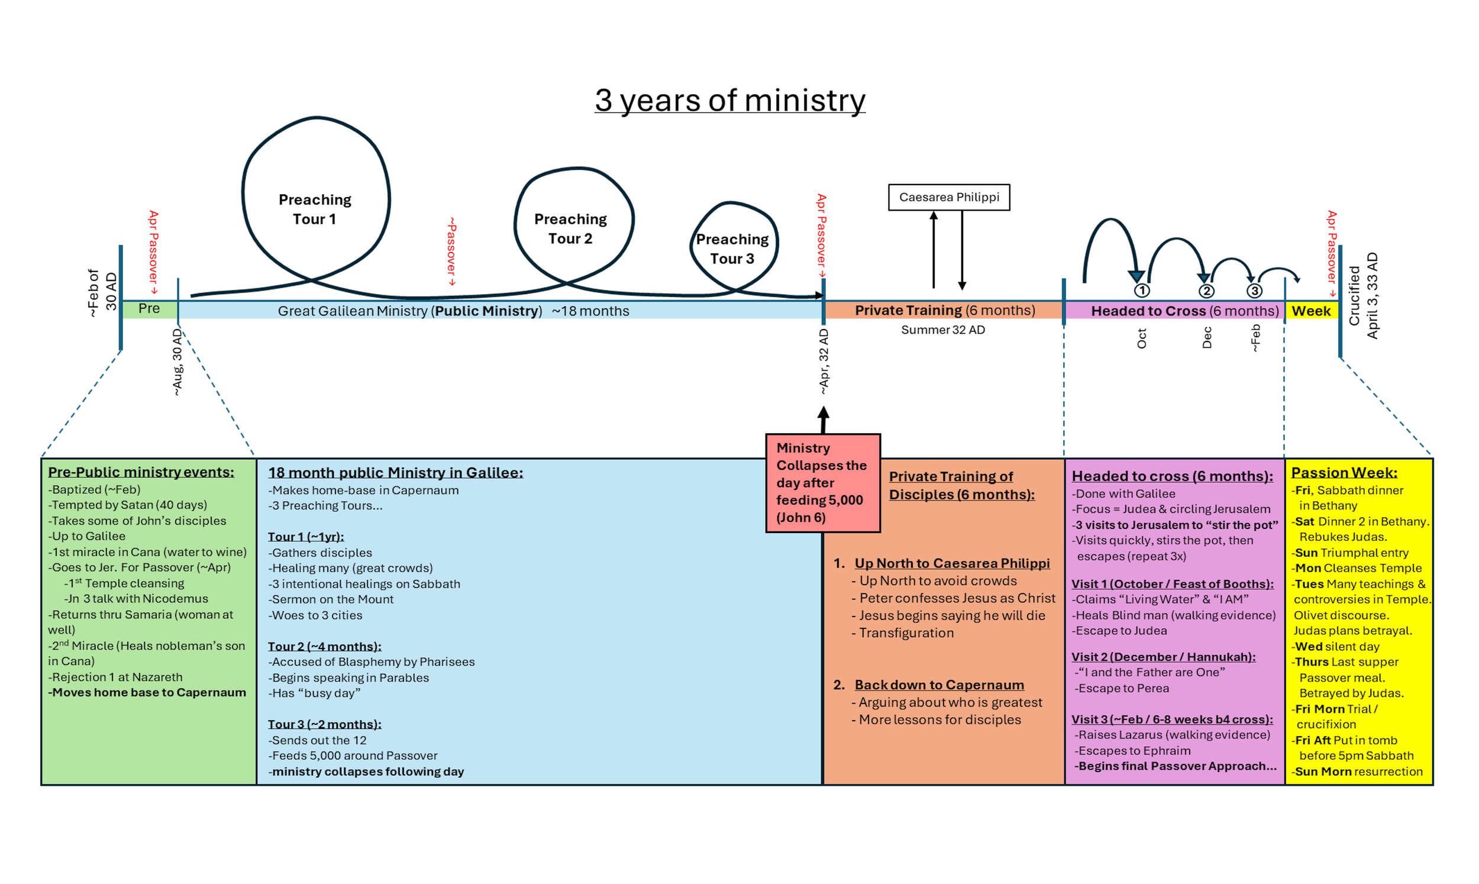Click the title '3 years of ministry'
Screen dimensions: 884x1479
pyautogui.click(x=729, y=100)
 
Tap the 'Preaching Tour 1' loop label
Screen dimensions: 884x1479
pyautogui.click(x=314, y=209)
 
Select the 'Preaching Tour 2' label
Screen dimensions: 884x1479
pyautogui.click(x=570, y=229)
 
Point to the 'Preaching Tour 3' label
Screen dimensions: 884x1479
pyautogui.click(x=732, y=249)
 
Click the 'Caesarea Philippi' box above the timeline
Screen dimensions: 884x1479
pyautogui.click(x=948, y=197)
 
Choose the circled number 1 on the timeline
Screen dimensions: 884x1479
pyautogui.click(x=1141, y=291)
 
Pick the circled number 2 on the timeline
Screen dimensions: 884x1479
pyautogui.click(x=1206, y=291)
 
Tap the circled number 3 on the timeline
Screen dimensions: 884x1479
pyautogui.click(x=1254, y=291)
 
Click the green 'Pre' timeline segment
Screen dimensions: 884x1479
pyautogui.click(x=149, y=309)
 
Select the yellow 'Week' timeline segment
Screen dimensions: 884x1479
pyautogui.click(x=1311, y=311)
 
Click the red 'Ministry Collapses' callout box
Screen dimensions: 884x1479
pyautogui.click(x=822, y=482)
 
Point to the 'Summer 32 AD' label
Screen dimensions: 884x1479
pyautogui.click(x=942, y=330)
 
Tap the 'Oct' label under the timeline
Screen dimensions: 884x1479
pyautogui.click(x=1141, y=338)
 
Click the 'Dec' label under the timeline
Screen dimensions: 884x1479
pyautogui.click(x=1207, y=338)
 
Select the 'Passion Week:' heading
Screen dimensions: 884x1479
pyautogui.click(x=1344, y=472)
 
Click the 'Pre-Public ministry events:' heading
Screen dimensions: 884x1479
pyautogui.click(x=141, y=472)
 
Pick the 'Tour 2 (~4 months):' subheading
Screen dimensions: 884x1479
pyautogui.click(x=325, y=646)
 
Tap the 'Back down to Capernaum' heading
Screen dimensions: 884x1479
pyautogui.click(x=939, y=685)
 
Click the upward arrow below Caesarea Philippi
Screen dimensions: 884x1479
pyautogui.click(x=933, y=250)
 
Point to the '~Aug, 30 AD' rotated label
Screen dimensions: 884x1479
pyautogui.click(x=177, y=362)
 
